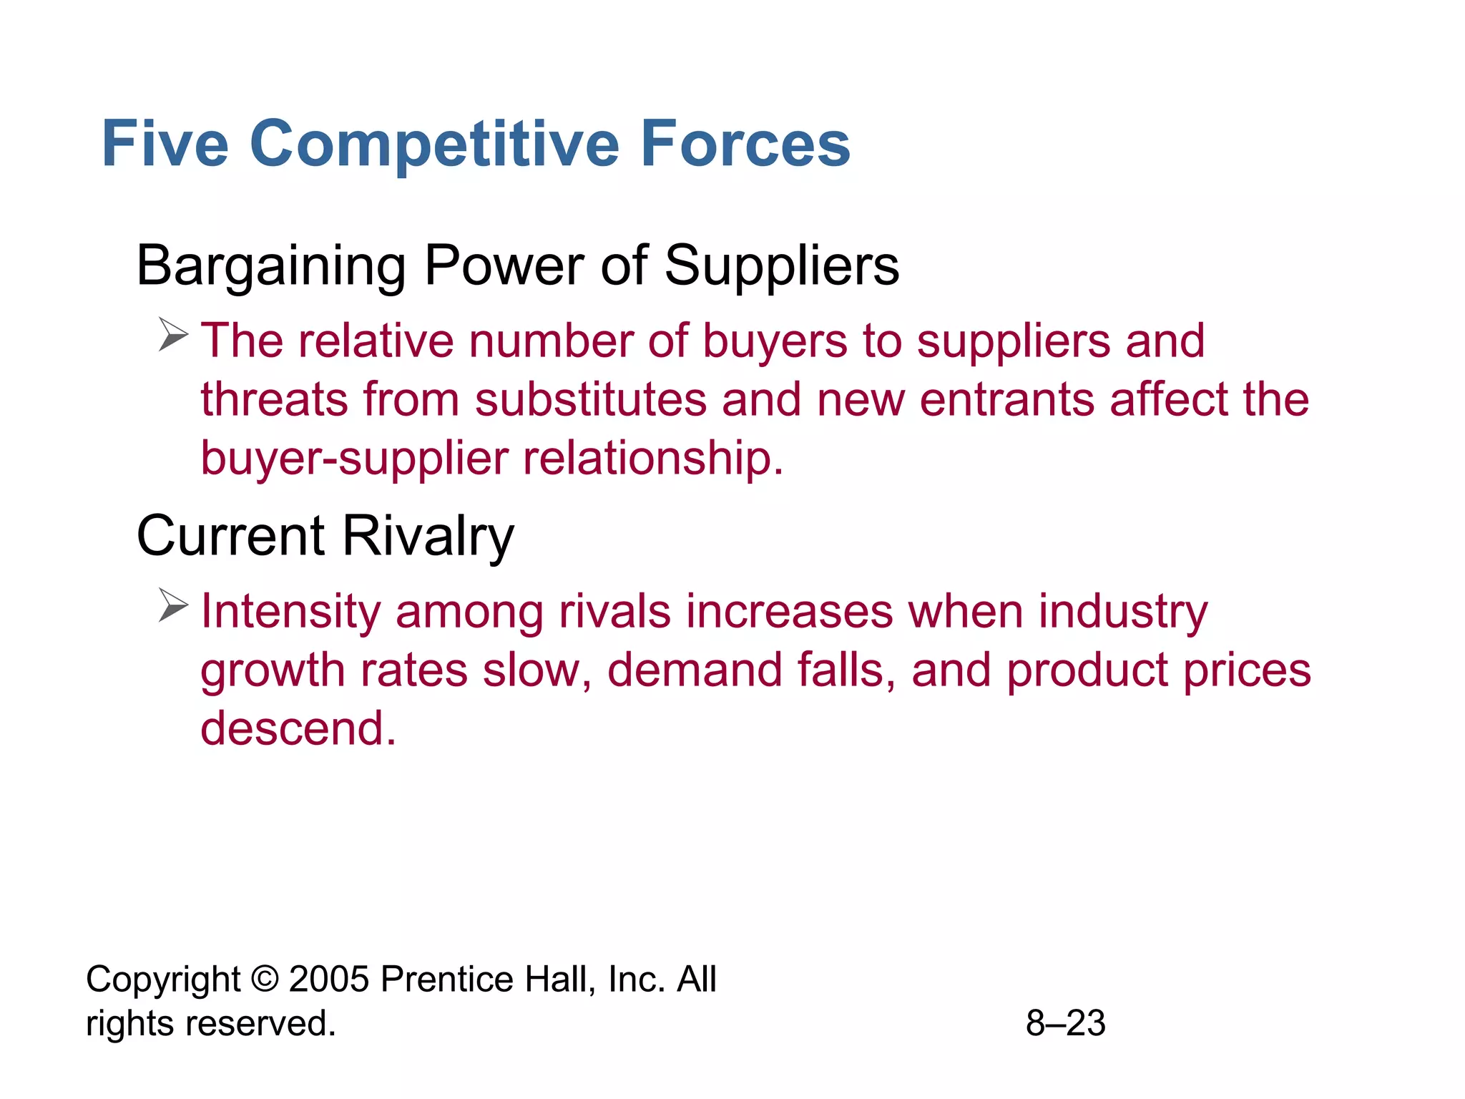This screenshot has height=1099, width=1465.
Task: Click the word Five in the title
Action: click(165, 144)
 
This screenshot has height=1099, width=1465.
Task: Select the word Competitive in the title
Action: click(434, 144)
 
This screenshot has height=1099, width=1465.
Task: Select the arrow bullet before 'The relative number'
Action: click(173, 335)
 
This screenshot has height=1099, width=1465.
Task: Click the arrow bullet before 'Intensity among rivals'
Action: click(173, 605)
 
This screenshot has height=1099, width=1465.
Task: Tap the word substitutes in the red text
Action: click(591, 399)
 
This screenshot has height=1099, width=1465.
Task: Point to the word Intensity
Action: click(290, 612)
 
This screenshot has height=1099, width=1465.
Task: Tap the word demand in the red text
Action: click(694, 670)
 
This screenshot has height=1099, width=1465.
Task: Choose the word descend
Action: click(298, 728)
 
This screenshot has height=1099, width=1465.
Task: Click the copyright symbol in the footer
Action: click(265, 980)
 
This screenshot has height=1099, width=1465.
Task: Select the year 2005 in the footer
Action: click(328, 980)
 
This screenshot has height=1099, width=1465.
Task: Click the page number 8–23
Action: click(1065, 1023)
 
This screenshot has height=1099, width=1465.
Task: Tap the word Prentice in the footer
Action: click(446, 980)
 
